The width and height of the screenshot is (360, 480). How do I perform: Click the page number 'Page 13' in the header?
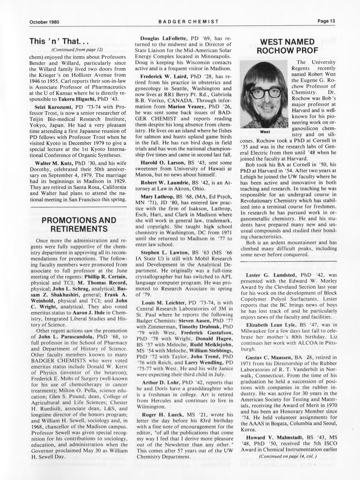tap(326, 21)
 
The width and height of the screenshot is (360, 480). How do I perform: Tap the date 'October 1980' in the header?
tap(44, 22)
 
